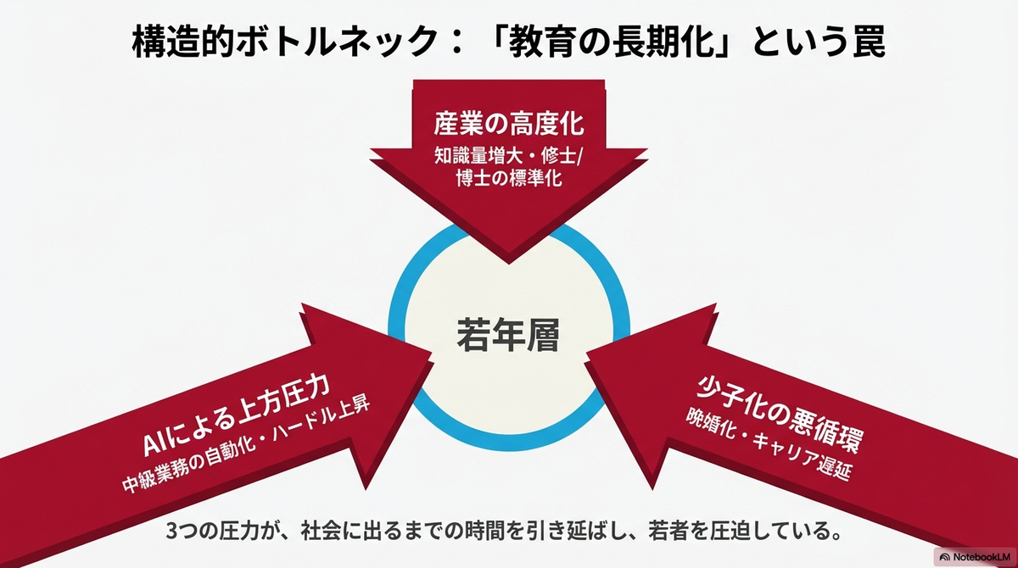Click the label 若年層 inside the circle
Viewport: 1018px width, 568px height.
508,335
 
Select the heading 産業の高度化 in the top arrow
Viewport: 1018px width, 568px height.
508,123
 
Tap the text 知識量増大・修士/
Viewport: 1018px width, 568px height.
508,156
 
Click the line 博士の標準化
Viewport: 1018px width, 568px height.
508,178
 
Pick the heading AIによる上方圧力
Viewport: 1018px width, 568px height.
236,415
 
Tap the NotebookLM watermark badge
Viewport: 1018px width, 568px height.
976,557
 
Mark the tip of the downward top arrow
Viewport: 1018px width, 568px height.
509,264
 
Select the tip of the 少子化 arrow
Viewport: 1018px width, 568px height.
586,354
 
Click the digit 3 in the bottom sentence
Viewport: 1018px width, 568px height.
171,532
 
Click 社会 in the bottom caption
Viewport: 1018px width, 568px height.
322,531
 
